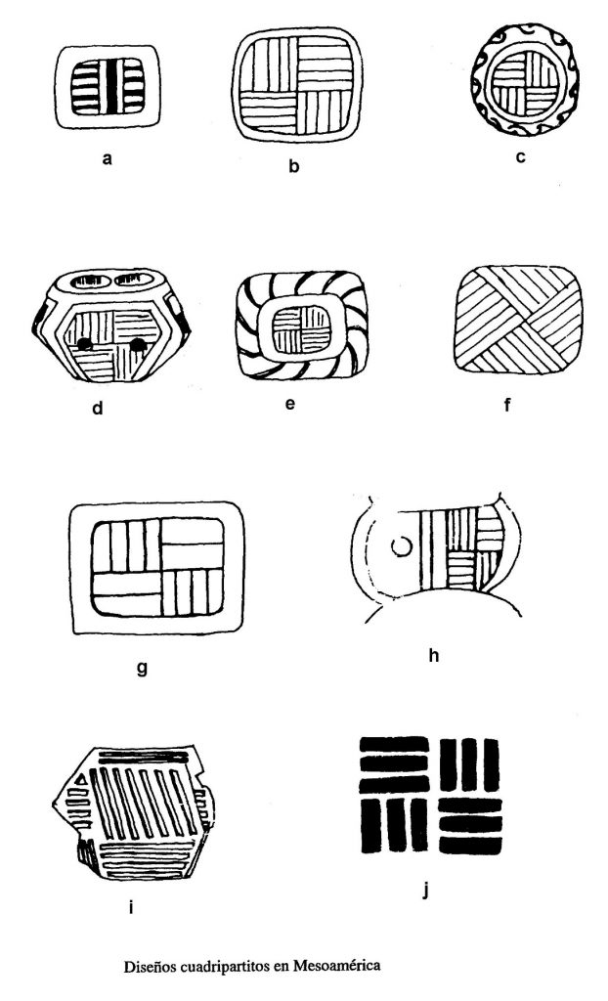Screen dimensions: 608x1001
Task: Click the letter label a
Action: [107, 158]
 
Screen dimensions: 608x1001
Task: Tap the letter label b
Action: [294, 166]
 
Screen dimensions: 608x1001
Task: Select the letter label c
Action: [520, 157]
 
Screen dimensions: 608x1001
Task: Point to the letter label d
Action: [97, 408]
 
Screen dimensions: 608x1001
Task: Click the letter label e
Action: [290, 404]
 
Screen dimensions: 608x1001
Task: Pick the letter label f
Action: [507, 404]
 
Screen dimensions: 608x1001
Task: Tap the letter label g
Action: [142, 669]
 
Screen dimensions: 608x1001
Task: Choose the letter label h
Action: [434, 655]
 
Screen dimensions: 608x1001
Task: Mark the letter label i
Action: [130, 906]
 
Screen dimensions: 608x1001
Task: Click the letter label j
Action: [426, 890]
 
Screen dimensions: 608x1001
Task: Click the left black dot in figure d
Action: [83, 344]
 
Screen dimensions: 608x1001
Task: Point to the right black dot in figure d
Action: [138, 344]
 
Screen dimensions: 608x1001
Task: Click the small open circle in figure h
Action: [400, 547]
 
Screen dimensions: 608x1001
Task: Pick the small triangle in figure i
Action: [82, 780]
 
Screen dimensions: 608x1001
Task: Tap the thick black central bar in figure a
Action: [113, 87]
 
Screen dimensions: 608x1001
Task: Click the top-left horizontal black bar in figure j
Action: [394, 744]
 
